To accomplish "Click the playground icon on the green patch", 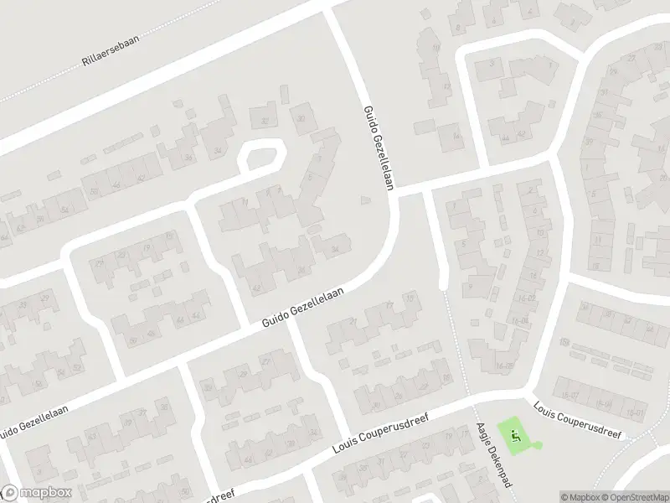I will pos(515,434).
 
